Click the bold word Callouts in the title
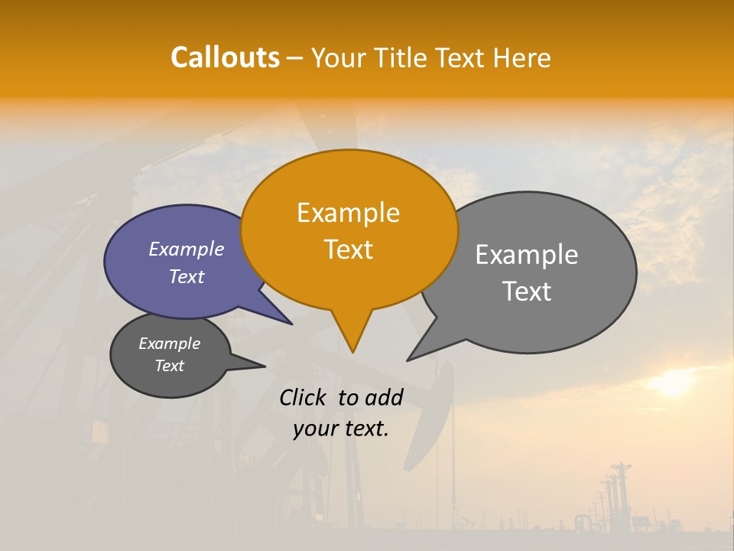pos(225,57)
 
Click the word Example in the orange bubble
pos(349,213)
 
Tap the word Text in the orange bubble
pos(349,249)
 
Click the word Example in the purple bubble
pos(187,249)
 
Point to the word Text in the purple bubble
pos(187,277)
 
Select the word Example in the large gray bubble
pos(527,255)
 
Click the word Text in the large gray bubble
pos(527,292)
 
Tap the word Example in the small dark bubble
pos(169,344)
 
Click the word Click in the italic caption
pos(304,397)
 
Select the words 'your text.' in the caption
pos(341,429)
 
